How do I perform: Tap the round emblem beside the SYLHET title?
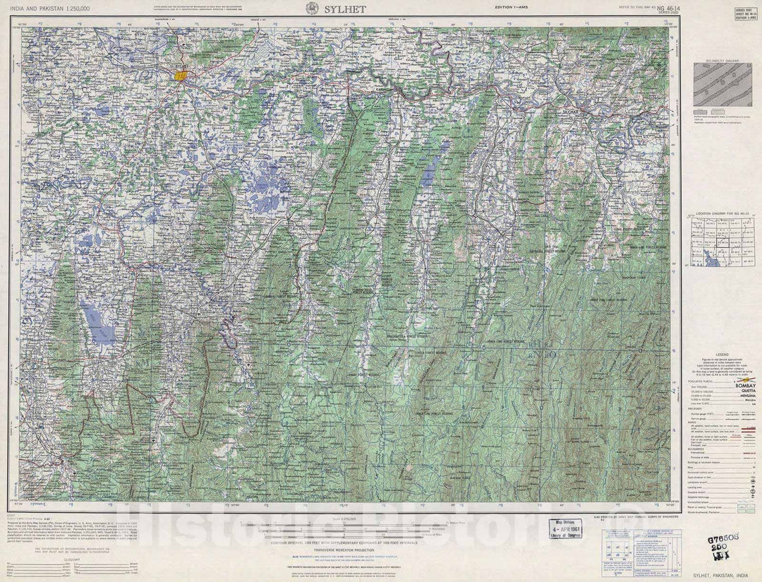click(310, 8)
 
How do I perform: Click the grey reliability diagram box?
click(721, 85)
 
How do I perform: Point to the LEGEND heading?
click(722, 355)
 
